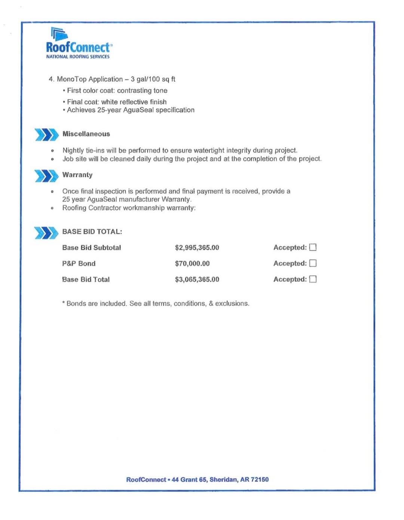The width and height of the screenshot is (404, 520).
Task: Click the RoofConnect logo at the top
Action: coord(78,44)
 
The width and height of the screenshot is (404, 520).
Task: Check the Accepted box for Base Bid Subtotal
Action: coord(313,247)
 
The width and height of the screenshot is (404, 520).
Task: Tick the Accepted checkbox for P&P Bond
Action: coord(313,263)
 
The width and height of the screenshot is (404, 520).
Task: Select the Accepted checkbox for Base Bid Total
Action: coord(313,279)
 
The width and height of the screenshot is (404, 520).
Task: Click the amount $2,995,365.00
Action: coord(197,248)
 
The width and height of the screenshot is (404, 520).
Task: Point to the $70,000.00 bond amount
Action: coord(192,264)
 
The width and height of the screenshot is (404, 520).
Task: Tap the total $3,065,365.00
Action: coord(197,279)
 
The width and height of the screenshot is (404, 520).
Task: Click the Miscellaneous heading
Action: coord(86,134)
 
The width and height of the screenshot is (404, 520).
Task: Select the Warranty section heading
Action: coord(77,175)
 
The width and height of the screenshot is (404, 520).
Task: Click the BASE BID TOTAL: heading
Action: coord(92,232)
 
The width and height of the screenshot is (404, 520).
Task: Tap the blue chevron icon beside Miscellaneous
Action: coord(46,135)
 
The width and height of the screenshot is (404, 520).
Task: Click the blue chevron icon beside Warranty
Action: coord(46,175)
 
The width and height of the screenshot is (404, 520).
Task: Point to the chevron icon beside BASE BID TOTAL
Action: coord(46,233)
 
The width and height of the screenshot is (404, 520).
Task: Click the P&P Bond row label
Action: coord(79,264)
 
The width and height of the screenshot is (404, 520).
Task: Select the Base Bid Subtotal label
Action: coord(91,248)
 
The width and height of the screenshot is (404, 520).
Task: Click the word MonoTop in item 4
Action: coord(71,79)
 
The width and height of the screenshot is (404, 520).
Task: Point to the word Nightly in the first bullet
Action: coord(73,150)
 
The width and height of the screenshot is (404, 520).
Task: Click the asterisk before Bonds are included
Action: coord(64,303)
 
